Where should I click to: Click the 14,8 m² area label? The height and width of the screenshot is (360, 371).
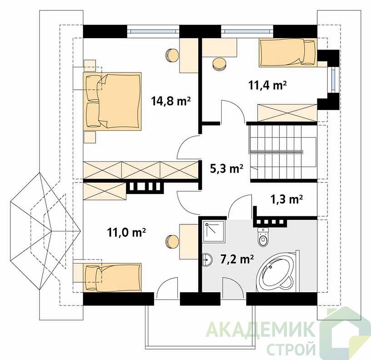pos(171,101)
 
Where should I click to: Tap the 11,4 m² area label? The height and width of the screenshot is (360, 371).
pos(267,85)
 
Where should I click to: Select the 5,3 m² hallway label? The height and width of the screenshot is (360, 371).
pos(226,169)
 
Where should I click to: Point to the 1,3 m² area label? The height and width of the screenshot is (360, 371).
pos(286,199)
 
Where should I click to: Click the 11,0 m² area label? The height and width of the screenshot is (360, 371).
pos(126,232)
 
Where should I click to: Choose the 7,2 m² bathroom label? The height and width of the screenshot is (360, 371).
pos(237,259)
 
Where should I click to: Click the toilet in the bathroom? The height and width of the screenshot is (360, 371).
pos(263,237)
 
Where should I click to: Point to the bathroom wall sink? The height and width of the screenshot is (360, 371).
pos(206,259)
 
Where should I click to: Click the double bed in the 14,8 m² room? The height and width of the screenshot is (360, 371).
pos(112,101)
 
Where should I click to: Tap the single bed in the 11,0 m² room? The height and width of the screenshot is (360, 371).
pos(112,278)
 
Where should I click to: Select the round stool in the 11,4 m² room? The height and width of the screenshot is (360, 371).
pos(219,64)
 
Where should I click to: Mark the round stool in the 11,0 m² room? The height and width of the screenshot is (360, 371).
pos(172,242)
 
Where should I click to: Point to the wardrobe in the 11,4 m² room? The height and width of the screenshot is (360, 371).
pos(287,113)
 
